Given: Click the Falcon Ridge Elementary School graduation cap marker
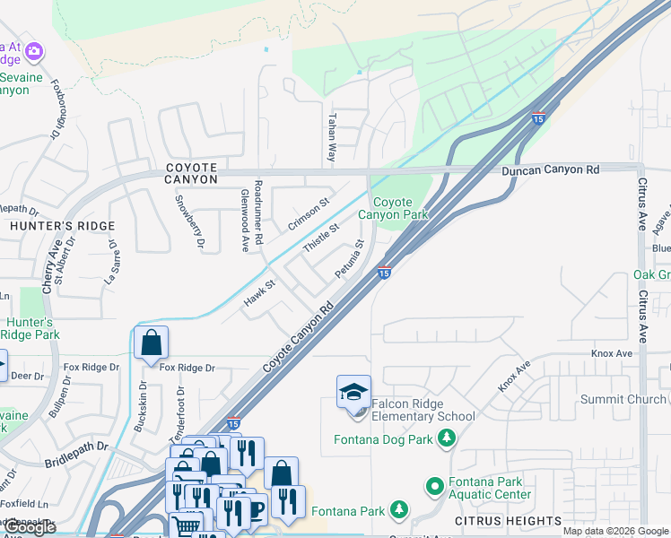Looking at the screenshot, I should (353, 393).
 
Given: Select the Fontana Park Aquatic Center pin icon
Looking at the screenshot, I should (435, 487).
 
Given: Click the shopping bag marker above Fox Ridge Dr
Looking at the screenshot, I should (151, 343).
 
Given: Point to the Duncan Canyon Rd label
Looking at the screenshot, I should (550, 169).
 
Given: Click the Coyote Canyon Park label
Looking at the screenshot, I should (394, 209).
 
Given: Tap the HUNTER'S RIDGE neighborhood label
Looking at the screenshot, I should (63, 227).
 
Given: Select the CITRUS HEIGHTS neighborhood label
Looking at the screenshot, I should (508, 521).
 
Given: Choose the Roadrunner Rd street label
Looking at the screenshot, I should (257, 210).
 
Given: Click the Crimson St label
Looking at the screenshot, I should (309, 213).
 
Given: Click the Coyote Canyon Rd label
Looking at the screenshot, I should (298, 338).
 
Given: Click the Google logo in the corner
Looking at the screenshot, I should (30, 527).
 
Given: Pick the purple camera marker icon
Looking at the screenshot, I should (34, 51).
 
